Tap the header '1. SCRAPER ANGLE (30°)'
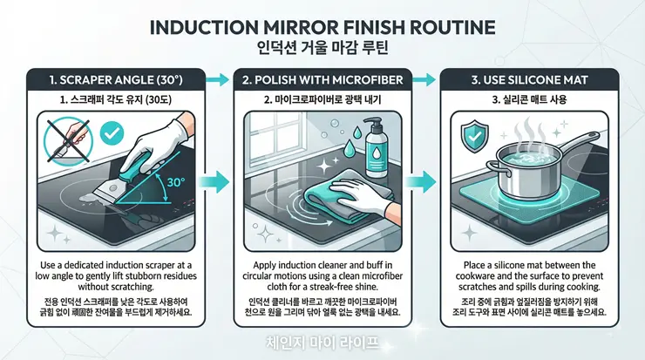coord(116,80)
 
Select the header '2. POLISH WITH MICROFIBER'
coord(322,80)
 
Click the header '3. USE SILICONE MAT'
coord(529,80)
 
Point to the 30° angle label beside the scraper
coord(176,182)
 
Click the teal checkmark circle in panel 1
coord(112,132)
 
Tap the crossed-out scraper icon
coord(68,141)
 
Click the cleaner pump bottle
coord(375,147)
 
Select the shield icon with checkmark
coord(475,136)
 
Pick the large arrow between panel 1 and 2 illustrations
coord(214,182)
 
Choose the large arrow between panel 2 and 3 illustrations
coord(420,182)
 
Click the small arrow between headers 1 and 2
coord(217,80)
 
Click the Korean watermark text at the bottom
coord(322,343)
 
